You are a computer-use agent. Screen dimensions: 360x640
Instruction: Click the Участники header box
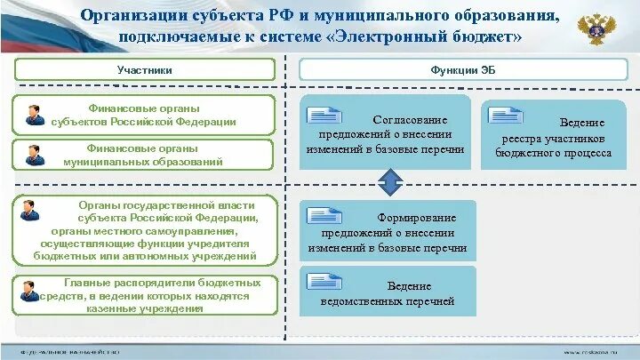144,69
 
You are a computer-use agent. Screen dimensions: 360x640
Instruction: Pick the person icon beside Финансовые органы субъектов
35,117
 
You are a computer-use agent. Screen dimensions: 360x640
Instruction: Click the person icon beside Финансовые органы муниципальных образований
35,155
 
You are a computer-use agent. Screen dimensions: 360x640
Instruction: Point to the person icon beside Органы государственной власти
30,211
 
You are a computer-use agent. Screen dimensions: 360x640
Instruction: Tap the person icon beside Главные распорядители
31,290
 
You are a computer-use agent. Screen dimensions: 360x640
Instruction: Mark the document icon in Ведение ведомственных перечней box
324,282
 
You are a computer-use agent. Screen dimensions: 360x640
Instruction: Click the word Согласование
410,119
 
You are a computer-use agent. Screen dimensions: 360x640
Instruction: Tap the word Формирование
416,218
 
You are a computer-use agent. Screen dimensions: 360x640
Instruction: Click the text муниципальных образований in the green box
142,163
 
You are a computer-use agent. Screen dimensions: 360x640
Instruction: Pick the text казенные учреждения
145,308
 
